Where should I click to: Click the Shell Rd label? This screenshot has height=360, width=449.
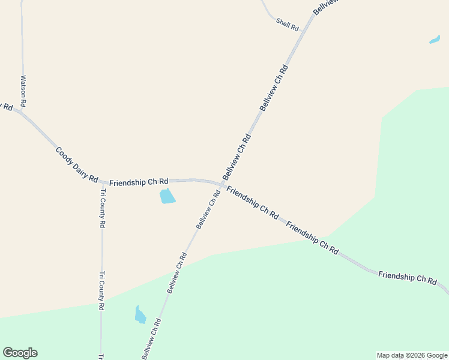[x=287, y=25]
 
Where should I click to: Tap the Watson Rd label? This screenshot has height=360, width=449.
[x=23, y=90]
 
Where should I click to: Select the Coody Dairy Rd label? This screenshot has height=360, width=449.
[x=76, y=164]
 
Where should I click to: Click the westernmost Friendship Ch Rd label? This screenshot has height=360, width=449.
[x=138, y=181]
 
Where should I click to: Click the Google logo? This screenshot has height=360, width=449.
[x=20, y=353]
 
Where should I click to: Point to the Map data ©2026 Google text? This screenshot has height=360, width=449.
[x=412, y=355]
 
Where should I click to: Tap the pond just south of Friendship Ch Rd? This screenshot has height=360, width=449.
[x=167, y=196]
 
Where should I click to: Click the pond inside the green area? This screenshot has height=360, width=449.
[x=140, y=314]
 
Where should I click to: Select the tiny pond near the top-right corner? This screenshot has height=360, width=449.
[x=435, y=40]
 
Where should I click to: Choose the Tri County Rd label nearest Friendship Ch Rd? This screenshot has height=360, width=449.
[x=103, y=208]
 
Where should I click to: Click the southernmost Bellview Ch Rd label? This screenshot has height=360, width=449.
[x=151, y=338]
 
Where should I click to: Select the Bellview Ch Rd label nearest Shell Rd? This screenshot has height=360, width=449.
[x=273, y=87]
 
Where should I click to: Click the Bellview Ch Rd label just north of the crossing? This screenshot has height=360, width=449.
[x=237, y=157]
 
